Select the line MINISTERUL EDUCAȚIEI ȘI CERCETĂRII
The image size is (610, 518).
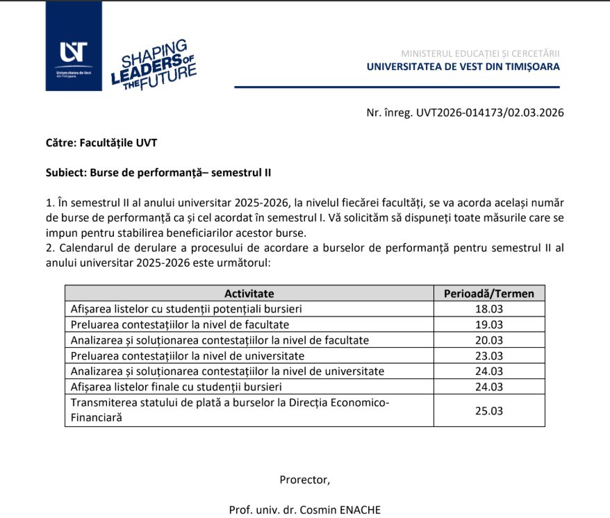coord(480,53)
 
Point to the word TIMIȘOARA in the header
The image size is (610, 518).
coord(530,67)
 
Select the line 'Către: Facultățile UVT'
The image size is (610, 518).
coord(101,143)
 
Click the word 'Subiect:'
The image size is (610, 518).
coord(66,172)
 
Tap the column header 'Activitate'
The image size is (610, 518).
coord(249,293)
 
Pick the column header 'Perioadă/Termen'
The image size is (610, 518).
coord(489,293)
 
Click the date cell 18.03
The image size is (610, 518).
coord(488,309)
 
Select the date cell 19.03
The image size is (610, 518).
coord(488,324)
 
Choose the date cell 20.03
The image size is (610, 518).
coord(488,340)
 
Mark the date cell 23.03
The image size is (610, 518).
coord(488,356)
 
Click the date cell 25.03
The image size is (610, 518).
coord(488,410)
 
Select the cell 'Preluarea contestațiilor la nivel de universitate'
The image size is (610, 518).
coord(188,356)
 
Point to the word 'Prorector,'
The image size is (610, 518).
coord(304,479)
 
